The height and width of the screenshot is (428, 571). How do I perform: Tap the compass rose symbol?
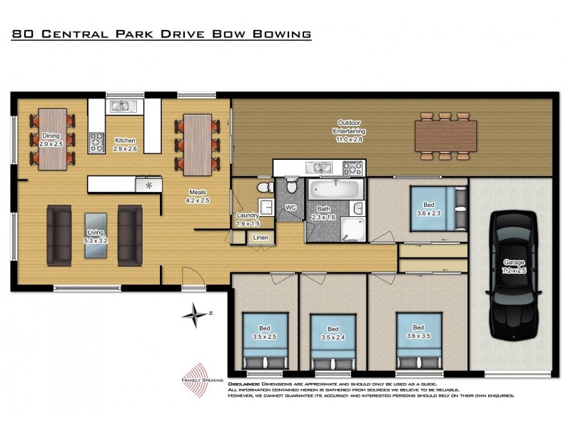[x=193, y=315]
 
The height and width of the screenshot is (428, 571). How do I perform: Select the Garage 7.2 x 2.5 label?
[x=514, y=267]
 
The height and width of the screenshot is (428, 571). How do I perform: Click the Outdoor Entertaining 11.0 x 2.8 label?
[x=350, y=136]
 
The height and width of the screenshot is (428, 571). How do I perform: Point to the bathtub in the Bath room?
[x=335, y=190]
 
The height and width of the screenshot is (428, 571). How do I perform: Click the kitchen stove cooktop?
[x=96, y=143]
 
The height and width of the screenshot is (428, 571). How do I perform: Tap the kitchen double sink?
[x=121, y=106]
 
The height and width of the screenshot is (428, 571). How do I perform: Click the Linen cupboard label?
[x=260, y=238]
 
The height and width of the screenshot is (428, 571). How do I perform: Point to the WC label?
[x=290, y=208]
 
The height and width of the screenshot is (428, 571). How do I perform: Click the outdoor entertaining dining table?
[x=446, y=136]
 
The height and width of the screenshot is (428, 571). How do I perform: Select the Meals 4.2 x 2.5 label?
[x=197, y=197]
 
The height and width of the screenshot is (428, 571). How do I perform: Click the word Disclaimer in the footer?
[x=244, y=384]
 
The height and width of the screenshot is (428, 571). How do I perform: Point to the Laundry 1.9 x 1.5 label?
[x=246, y=219]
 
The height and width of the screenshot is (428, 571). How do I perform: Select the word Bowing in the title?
[x=282, y=34]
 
